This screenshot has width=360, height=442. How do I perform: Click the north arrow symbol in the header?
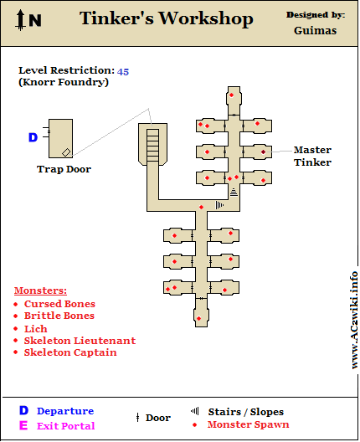20,20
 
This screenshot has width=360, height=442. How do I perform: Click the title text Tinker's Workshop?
167,18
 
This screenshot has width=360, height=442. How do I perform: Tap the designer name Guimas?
315,30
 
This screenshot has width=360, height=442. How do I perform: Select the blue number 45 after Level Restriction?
123,72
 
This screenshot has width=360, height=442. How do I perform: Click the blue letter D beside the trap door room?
33,137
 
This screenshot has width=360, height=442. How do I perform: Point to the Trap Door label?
64,169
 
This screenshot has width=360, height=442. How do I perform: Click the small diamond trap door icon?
66,152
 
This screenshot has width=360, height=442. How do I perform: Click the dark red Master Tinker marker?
263,152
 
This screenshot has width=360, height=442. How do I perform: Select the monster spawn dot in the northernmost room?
231,95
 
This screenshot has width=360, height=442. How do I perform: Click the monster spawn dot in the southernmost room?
198,318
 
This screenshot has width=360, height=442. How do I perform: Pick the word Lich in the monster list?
35,329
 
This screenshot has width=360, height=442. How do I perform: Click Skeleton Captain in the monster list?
70,352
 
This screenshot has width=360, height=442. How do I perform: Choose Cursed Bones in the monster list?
59,304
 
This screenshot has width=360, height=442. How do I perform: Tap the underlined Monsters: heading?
40,290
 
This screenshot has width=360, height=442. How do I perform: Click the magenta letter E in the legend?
23,425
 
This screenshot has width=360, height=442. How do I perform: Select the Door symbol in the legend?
137,418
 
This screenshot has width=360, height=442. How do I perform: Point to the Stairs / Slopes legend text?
246,412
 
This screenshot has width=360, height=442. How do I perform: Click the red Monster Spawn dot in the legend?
194,424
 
